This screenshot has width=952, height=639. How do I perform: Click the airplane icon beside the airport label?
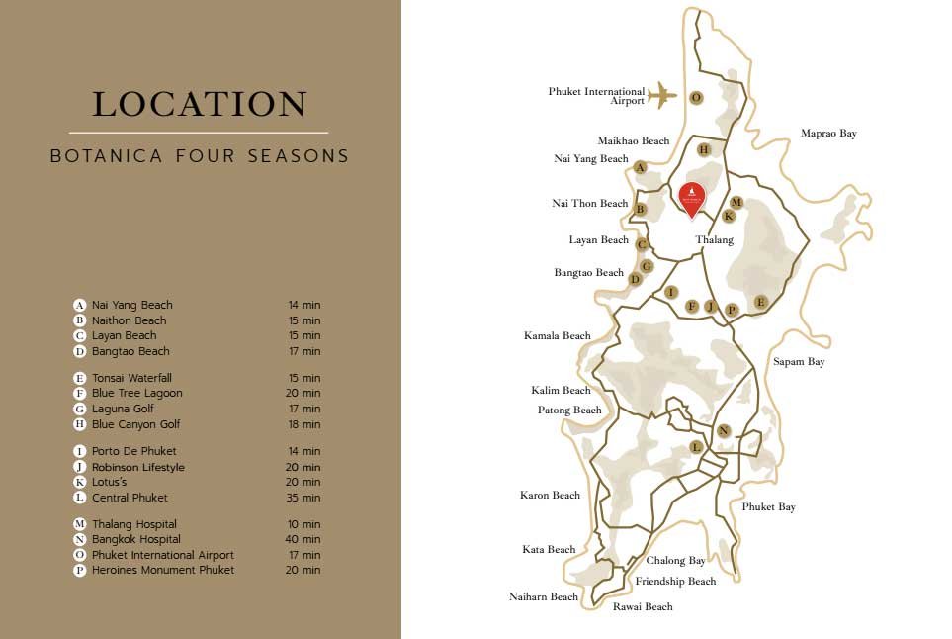click(662, 95)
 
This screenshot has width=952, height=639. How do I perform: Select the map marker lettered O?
click(696, 97)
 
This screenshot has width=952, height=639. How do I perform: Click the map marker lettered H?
click(704, 149)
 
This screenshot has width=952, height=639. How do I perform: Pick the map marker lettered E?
click(760, 302)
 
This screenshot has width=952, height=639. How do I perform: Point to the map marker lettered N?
click(724, 430)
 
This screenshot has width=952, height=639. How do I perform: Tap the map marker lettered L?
click(696, 447)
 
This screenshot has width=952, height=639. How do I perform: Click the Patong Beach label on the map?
click(569, 410)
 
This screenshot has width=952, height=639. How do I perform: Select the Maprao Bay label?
click(828, 133)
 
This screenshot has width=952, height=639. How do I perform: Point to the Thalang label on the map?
click(714, 239)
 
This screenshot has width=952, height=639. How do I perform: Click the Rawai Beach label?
click(643, 606)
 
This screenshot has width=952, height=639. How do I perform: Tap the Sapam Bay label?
click(799, 362)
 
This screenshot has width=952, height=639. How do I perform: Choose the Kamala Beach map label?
click(557, 335)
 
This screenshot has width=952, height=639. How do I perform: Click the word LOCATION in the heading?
click(200, 104)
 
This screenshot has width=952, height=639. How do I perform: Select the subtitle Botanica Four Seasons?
click(200, 156)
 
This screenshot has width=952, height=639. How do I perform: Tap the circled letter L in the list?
click(79, 498)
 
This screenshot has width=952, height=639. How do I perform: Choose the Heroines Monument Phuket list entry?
click(163, 570)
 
